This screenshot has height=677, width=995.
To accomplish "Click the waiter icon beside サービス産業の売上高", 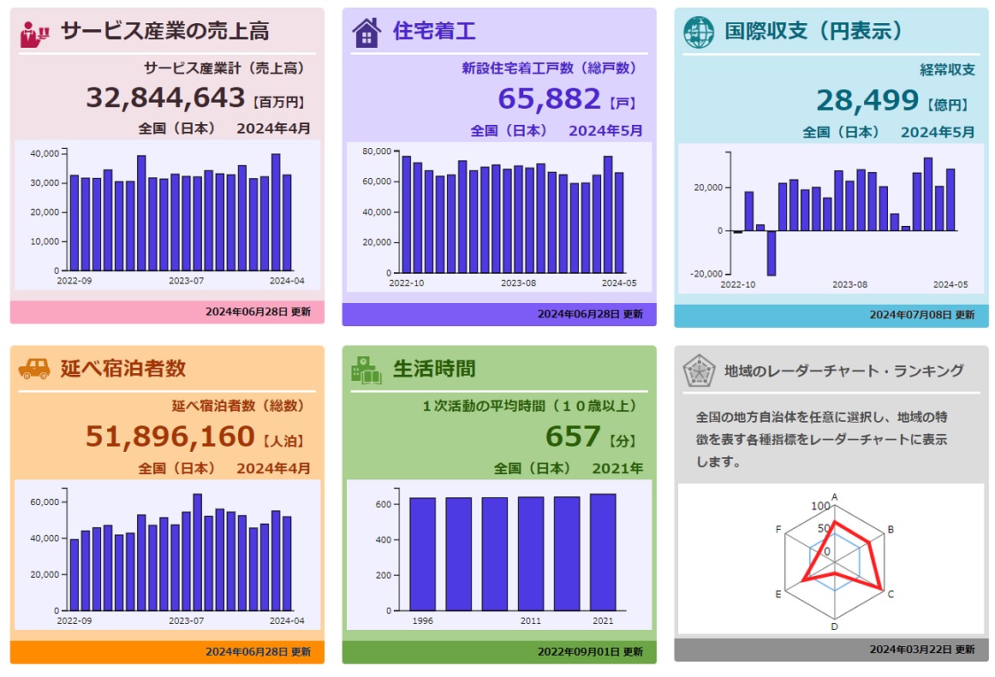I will point(35,32).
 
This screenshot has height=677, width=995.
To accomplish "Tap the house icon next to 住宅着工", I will point(366,33).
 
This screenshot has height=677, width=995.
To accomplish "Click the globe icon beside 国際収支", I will point(698,32).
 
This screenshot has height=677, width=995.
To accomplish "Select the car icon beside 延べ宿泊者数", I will point(34,369).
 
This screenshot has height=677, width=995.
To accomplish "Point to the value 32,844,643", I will point(165,98).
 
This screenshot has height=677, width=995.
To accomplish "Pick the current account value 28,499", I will point(867,101).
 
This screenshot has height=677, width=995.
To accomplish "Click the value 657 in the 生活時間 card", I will point(573,436).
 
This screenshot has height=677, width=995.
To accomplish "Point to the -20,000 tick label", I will point(706,274).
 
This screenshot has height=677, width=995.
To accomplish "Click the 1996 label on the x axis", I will point(422,621).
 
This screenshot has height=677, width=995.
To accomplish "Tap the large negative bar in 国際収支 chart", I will point(771,252).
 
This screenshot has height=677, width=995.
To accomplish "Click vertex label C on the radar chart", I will point(891,594).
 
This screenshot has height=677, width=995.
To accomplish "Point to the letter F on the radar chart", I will point(778,530).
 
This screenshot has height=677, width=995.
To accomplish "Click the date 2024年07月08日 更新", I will point(921,315).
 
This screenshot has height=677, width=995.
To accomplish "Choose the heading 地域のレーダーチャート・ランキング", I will point(843,371).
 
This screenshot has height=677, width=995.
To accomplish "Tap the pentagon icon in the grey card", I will point(699,371).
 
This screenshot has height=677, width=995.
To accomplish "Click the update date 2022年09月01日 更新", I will point(590,651).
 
